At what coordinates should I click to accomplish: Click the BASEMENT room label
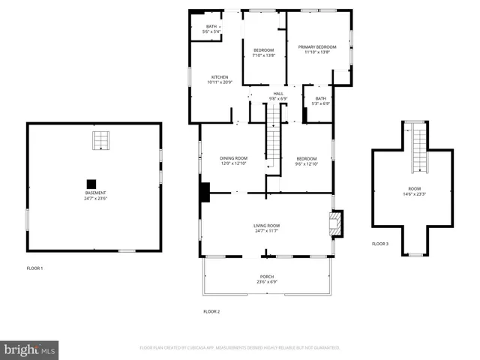click(95, 195)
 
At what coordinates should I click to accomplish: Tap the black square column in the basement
click(91, 182)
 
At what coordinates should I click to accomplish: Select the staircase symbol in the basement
click(100, 140)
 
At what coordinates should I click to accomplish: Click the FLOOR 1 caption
click(35, 268)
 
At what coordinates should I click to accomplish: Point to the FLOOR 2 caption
click(211, 311)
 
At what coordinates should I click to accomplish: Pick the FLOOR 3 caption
click(380, 244)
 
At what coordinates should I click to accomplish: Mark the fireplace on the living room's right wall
click(334, 222)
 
